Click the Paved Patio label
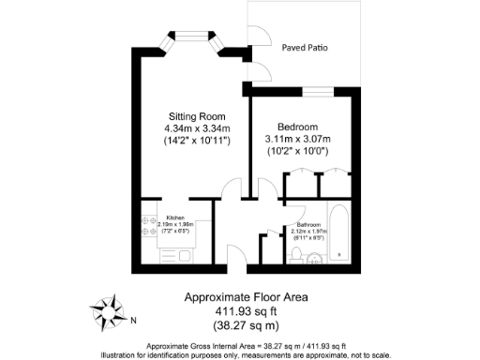[305, 46]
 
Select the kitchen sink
[181, 254]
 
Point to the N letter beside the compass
[134, 320]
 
